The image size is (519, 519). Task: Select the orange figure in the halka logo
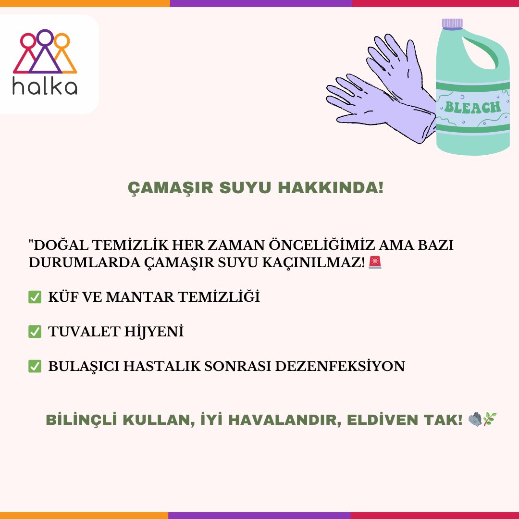tap(63, 53)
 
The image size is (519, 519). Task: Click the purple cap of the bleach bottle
tap(453, 23)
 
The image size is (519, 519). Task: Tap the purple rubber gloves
tap(384, 91)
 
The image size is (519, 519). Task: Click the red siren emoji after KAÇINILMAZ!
tap(375, 263)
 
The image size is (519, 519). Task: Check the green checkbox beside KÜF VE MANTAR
tap(35, 297)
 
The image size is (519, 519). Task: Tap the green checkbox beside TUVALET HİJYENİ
tap(35, 332)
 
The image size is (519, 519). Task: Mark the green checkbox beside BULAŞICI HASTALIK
tap(35, 366)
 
